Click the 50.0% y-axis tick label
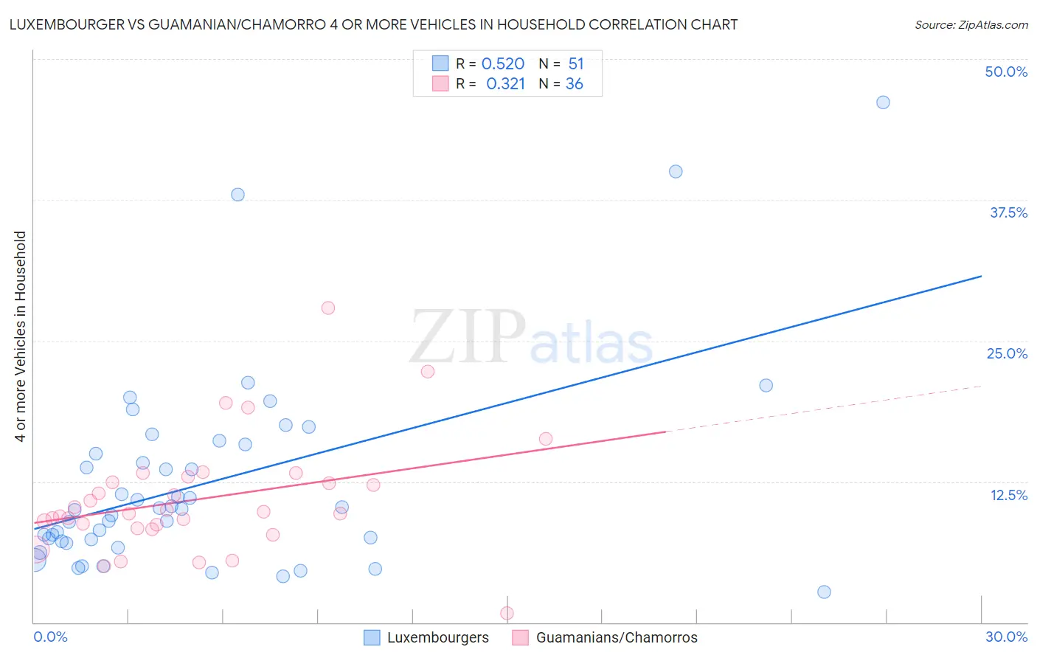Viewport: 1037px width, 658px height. [1006, 72]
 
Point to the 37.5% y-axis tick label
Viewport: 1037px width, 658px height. [1008, 212]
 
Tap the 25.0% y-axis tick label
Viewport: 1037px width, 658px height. [1007, 353]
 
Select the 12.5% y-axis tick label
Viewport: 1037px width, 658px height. [1008, 495]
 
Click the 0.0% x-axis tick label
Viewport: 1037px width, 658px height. [50, 637]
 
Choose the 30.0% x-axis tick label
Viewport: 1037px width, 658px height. [1006, 637]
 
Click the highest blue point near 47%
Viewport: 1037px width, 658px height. [883, 103]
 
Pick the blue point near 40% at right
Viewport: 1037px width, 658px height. [676, 172]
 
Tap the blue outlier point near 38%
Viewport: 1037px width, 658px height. [237, 195]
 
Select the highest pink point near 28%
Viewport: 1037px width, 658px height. [328, 308]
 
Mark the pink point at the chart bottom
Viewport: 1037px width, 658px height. [507, 613]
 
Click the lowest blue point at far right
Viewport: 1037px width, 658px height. [824, 592]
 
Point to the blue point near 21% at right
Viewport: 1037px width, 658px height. [766, 386]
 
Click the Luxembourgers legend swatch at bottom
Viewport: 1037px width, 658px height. [372, 637]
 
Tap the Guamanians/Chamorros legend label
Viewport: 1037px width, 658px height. [617, 637]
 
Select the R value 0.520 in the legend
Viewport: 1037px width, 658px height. [503, 64]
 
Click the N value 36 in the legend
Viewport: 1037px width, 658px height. [574, 84]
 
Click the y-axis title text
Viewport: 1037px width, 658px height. [21, 336]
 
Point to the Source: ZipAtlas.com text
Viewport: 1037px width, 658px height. [971, 25]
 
